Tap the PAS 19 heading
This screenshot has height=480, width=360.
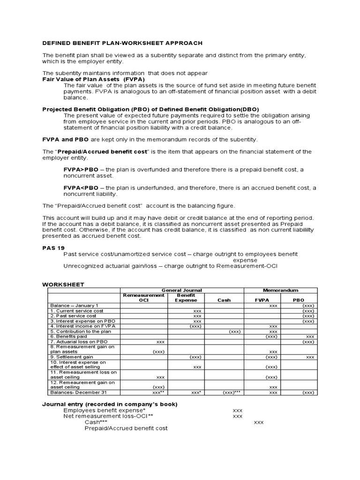point(53,247)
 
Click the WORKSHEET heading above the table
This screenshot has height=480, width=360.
point(63,284)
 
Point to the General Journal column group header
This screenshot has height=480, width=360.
point(182,290)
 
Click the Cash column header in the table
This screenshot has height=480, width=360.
point(224,300)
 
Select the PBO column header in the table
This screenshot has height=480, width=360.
point(299,300)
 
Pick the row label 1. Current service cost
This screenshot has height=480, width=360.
point(77,311)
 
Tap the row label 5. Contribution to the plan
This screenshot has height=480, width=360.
point(81,331)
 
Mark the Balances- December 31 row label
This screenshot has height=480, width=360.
point(79,392)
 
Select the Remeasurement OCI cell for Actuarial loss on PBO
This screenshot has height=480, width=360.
point(160,342)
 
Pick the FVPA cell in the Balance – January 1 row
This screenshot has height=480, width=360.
point(273,306)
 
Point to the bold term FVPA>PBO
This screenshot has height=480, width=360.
point(81,169)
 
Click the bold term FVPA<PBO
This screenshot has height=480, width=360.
point(81,187)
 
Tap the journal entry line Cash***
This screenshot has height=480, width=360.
point(96,422)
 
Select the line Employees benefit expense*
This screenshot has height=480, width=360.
point(105,410)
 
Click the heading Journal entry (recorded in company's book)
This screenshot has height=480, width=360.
point(110,404)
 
